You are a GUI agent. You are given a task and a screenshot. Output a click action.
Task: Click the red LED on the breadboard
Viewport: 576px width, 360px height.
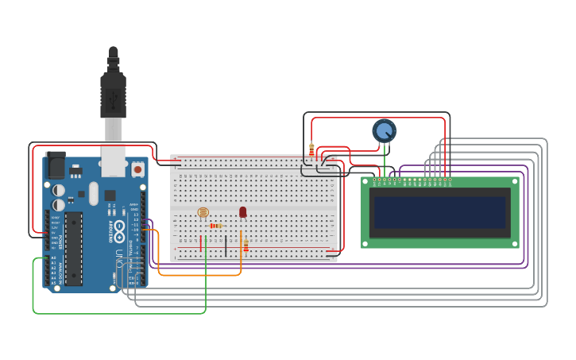coord(242,211)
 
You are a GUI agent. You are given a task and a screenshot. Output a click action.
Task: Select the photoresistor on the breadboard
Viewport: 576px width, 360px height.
coord(203,212)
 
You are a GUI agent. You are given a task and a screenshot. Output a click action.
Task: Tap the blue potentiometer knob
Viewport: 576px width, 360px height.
coord(384,130)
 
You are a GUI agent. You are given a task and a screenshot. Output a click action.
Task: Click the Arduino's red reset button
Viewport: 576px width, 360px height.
coord(137,169)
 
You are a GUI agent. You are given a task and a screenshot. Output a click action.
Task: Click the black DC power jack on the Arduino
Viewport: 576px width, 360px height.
coord(55,165)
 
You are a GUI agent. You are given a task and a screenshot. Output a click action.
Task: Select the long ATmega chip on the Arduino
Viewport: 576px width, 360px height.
coord(73,248)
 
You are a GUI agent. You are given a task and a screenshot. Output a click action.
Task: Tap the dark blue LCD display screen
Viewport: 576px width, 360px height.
coord(439,212)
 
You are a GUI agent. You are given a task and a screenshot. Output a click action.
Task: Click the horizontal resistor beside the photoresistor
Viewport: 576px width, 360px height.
coord(215,226)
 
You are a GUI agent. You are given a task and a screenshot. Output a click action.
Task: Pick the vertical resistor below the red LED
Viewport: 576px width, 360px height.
coord(245,245)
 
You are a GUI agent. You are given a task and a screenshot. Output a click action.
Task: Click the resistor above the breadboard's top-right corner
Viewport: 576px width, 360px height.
coord(311,149)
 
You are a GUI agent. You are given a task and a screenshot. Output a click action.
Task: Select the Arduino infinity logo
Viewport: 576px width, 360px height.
coord(119,231)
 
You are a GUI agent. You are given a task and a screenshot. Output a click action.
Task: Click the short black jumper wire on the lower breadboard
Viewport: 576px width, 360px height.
coord(226,246)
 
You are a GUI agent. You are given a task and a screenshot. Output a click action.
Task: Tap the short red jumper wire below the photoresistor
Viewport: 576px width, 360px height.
coord(200,243)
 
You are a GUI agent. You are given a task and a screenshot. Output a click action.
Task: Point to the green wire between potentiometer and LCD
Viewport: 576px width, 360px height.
coord(385,160)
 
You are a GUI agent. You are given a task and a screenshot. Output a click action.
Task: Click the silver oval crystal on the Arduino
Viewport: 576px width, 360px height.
coord(93,193)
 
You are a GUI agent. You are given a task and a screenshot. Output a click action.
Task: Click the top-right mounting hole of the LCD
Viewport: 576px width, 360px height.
coord(514,182)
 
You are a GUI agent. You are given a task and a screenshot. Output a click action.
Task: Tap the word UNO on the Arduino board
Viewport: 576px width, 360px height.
coord(120,258)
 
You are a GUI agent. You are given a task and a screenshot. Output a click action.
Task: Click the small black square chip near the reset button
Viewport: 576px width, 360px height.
coord(110,195)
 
